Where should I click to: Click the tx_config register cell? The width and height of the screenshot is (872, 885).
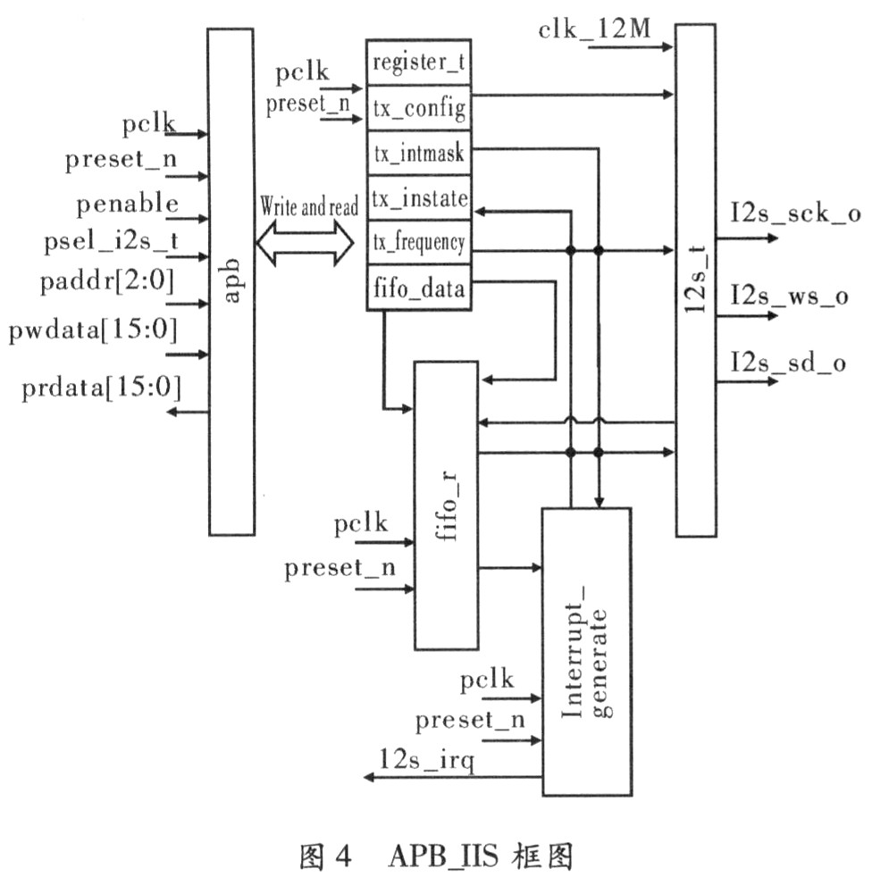[418, 110]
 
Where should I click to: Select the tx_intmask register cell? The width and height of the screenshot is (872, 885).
[418, 154]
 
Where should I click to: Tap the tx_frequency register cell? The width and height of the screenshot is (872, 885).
[418, 242]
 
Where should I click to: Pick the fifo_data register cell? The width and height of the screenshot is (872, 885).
[418, 288]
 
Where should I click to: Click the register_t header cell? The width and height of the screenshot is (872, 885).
[418, 63]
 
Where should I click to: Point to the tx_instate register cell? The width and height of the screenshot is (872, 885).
[418, 197]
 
